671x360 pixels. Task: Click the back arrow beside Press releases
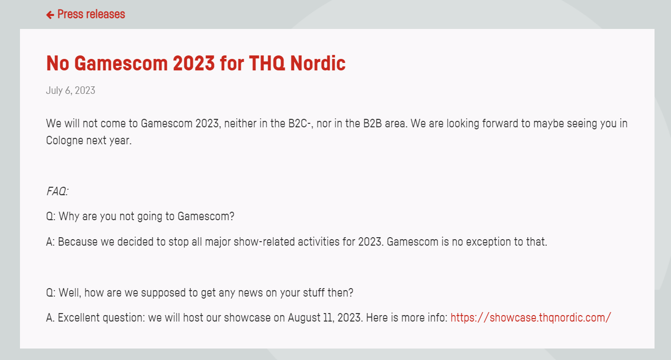click(x=50, y=14)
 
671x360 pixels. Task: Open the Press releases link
click(x=91, y=14)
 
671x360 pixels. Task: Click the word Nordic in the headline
click(x=318, y=63)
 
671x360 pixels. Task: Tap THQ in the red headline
click(x=267, y=63)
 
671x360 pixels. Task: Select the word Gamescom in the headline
click(x=121, y=63)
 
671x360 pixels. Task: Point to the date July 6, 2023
click(x=71, y=90)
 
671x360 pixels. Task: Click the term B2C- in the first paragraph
click(x=299, y=123)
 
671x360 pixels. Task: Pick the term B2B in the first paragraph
click(x=372, y=123)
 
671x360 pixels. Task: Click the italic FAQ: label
click(x=57, y=191)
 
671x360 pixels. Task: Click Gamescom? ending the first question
click(x=206, y=216)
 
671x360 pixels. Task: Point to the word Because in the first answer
click(x=77, y=242)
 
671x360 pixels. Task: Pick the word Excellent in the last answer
click(x=79, y=318)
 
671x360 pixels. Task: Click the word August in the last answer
click(x=305, y=318)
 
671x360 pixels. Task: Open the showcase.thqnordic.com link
click(x=531, y=318)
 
